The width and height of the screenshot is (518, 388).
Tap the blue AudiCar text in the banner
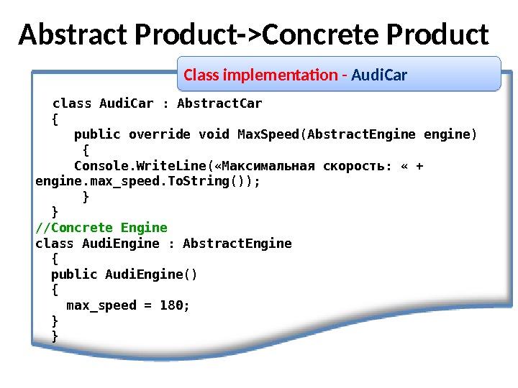tap(379, 75)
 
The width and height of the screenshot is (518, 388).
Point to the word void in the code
tap(214, 134)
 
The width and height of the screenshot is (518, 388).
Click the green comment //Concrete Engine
tap(101, 228)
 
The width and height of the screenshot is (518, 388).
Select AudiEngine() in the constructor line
tap(151, 274)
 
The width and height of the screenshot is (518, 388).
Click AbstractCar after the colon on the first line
tap(219, 103)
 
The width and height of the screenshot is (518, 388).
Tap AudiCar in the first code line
tap(127, 103)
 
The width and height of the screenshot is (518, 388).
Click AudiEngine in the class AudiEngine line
tap(121, 243)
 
